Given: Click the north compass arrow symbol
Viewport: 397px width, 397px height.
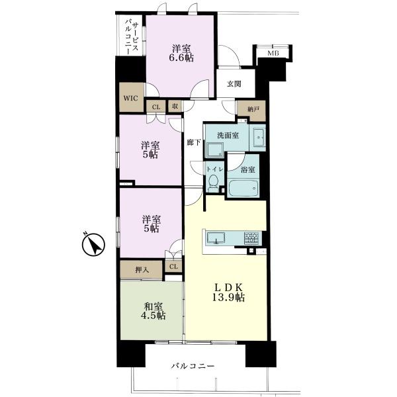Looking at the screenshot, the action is pos(93,245).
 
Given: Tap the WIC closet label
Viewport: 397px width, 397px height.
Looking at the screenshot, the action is pos(130,98).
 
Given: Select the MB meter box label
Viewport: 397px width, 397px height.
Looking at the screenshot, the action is pos(273,54).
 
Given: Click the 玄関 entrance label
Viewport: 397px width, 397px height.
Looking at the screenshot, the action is pos(234,84).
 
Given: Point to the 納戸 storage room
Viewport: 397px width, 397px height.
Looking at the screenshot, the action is pos(251,111).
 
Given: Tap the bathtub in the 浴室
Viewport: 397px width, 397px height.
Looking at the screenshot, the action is pos(243,188).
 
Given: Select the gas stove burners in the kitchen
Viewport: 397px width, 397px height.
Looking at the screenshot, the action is pos(251,238).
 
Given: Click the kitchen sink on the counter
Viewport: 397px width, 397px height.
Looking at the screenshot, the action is pos(216,238).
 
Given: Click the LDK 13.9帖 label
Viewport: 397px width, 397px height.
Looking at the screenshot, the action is pos(229,292).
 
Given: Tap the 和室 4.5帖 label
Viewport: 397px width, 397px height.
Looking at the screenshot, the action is pos(154,311).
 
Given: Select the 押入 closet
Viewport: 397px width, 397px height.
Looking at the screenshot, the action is pos(142,270).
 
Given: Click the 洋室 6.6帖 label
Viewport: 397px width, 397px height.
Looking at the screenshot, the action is pos(181,53).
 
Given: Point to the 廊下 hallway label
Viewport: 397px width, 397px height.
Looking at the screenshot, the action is pos(194,143).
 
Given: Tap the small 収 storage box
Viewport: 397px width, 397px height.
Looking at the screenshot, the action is pos(175,107).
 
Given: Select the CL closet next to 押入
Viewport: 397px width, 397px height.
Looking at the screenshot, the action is pos(173,267).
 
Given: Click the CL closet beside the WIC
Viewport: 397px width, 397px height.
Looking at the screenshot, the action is pos(156,107).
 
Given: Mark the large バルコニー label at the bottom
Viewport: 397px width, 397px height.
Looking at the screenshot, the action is pos(193,366).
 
